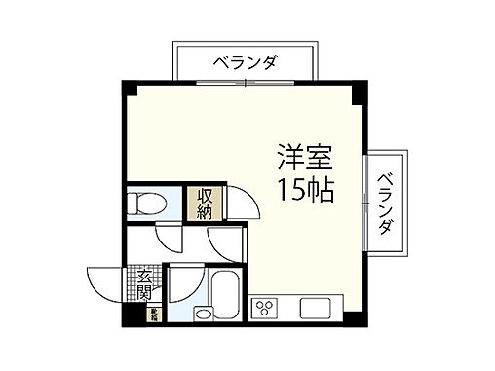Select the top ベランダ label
point(245,63)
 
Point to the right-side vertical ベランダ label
point(386,203)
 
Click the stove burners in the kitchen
point(265,309)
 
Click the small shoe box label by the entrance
point(153,315)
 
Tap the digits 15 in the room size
point(288,188)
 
